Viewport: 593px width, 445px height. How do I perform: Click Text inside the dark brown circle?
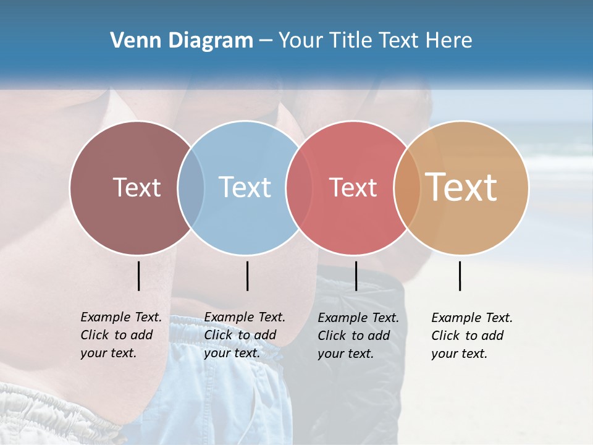pyautogui.click(x=137, y=187)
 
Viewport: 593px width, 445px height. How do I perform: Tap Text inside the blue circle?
pyautogui.click(x=245, y=187)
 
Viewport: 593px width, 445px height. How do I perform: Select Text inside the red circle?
pyautogui.click(x=353, y=187)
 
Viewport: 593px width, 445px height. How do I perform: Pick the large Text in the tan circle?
pyautogui.click(x=461, y=187)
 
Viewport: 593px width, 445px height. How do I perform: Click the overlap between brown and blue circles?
pyautogui.click(x=191, y=187)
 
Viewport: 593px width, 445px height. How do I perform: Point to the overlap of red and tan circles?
pyautogui.click(x=407, y=187)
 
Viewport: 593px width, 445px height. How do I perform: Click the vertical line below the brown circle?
pyautogui.click(x=138, y=276)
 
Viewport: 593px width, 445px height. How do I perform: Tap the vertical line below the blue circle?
pyautogui.click(x=247, y=276)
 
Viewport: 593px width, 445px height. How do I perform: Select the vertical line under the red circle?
pyautogui.click(x=356, y=276)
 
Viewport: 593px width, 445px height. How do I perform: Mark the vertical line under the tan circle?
pyautogui.click(x=460, y=276)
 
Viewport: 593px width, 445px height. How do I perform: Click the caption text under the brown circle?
pyautogui.click(x=120, y=335)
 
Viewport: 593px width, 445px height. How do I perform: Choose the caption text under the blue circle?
pyautogui.click(x=244, y=335)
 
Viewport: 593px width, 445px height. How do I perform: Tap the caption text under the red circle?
pyautogui.click(x=358, y=336)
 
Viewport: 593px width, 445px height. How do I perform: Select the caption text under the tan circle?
pyautogui.click(x=471, y=336)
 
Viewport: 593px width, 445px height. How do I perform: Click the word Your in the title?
pyautogui.click(x=300, y=41)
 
